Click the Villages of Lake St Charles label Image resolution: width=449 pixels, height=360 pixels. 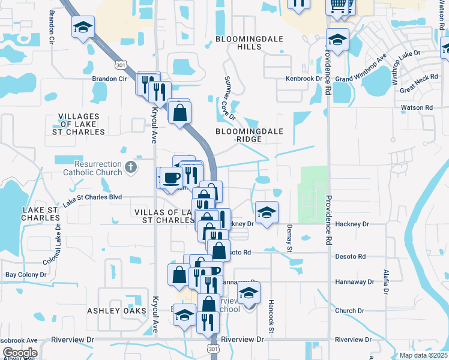pyautogui.click(x=82, y=124)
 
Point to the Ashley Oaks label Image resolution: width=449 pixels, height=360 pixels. pyautogui.click(x=116, y=311)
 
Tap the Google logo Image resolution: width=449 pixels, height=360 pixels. pyautogui.click(x=19, y=353)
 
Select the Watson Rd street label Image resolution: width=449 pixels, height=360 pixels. pyautogui.click(x=417, y=108)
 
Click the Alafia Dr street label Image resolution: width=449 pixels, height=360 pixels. pyautogui.click(x=386, y=281)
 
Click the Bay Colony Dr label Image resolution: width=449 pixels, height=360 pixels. pyautogui.click(x=26, y=275)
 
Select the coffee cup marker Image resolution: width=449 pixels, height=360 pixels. pyautogui.click(x=171, y=178)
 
